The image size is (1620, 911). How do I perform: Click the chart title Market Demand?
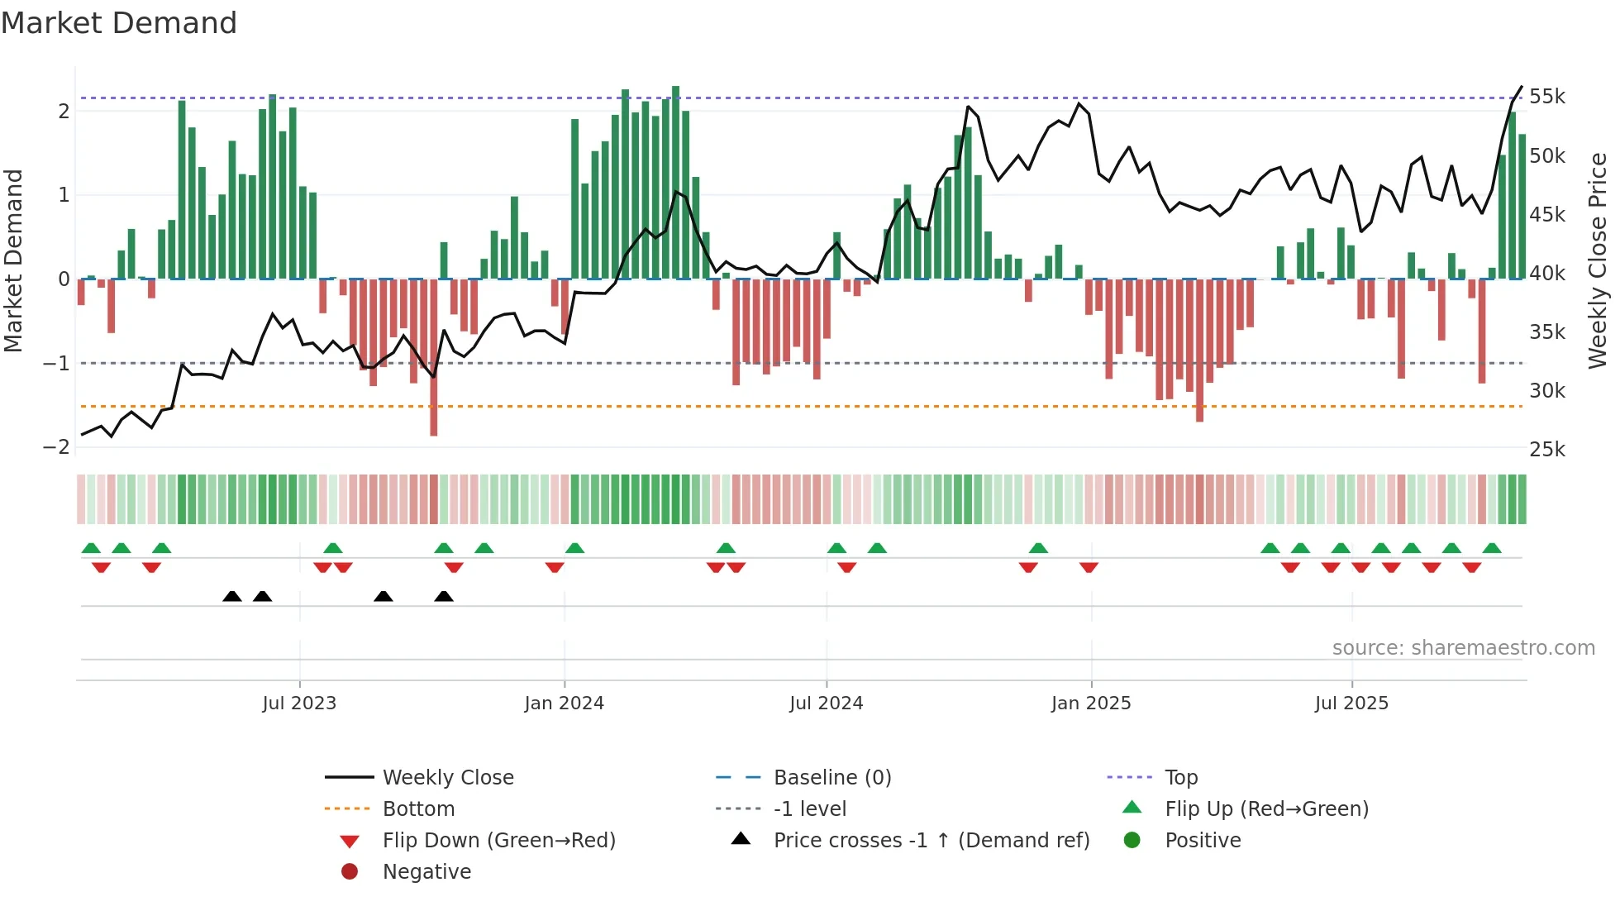coord(119,23)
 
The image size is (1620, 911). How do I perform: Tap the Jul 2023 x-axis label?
coord(299,704)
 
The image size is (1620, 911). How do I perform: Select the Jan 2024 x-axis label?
coord(565,704)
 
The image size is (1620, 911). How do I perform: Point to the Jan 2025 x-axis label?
coord(1091,704)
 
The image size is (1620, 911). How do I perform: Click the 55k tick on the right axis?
coord(1546,97)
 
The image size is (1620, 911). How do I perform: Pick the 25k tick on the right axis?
coord(1546,450)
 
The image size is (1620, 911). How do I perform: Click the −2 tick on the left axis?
coord(56,447)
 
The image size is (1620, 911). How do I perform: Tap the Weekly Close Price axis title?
coord(1598,260)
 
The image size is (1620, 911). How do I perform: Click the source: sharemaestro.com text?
coord(1463,648)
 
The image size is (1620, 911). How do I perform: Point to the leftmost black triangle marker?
coord(232,596)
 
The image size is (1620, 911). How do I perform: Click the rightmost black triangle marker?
coord(444,596)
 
